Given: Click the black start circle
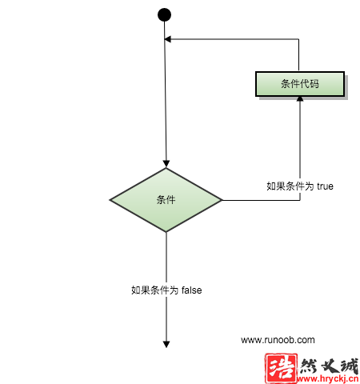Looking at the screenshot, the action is click(x=164, y=14).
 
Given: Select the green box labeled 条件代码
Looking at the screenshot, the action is click(x=300, y=84).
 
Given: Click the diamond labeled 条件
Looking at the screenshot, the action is click(x=166, y=200).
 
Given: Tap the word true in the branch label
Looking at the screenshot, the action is click(x=325, y=186).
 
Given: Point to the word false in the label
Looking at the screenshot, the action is click(x=192, y=290).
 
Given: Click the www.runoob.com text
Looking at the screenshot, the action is click(x=278, y=340).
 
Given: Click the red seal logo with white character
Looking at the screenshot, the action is click(x=281, y=368).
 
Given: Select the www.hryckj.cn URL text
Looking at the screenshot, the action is click(x=328, y=378).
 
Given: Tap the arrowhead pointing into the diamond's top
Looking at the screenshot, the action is click(x=166, y=163).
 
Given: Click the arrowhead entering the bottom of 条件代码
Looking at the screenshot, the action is click(x=300, y=98).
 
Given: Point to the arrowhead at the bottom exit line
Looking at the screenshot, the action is click(x=166, y=344).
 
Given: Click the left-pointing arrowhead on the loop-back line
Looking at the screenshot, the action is click(x=167, y=39).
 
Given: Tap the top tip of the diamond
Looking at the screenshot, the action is click(x=166, y=168).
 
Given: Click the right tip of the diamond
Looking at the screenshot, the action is click(x=222, y=200).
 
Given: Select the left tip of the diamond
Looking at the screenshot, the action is click(x=110, y=200).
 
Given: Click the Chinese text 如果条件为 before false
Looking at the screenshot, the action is click(x=155, y=290).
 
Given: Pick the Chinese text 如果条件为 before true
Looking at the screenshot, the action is click(x=290, y=186).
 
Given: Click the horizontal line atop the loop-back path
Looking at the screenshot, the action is click(x=231, y=39).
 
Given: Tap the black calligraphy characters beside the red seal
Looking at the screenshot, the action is click(x=329, y=366).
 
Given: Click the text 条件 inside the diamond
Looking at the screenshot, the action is click(x=166, y=200).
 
